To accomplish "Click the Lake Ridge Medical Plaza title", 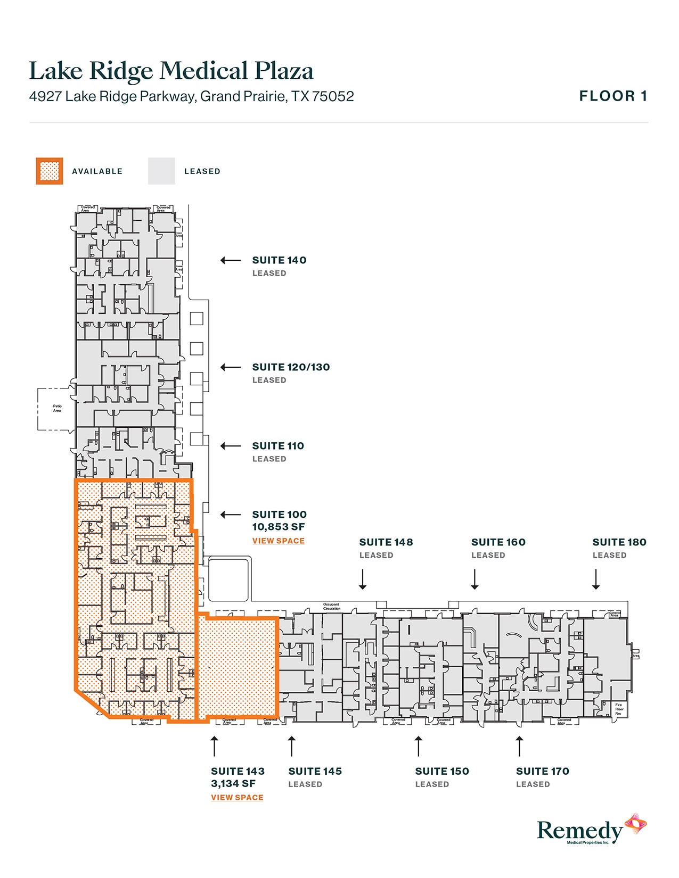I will pyautogui.click(x=171, y=71).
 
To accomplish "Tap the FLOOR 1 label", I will pyautogui.click(x=613, y=96).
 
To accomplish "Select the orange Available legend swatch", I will pyautogui.click(x=50, y=171).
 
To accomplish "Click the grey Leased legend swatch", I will pyautogui.click(x=161, y=171).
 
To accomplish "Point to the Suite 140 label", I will pyautogui.click(x=279, y=260).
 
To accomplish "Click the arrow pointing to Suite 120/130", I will pyautogui.click(x=231, y=367).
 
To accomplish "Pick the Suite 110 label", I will pyautogui.click(x=278, y=446).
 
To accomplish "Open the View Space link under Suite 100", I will pyautogui.click(x=279, y=541).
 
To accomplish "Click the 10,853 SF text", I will pyautogui.click(x=279, y=527).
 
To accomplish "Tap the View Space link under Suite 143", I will pyautogui.click(x=237, y=797).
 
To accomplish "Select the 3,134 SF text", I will pyautogui.click(x=233, y=783).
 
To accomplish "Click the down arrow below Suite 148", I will pyautogui.click(x=363, y=579).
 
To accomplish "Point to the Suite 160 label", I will pyautogui.click(x=498, y=542).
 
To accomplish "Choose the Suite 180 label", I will pyautogui.click(x=619, y=542).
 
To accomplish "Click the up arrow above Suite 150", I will pyautogui.click(x=419, y=746).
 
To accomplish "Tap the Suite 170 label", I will pyautogui.click(x=543, y=771).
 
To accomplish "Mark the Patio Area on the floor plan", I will pyautogui.click(x=57, y=408).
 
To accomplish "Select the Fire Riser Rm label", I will pyautogui.click(x=619, y=709).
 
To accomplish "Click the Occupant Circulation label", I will pyautogui.click(x=331, y=607).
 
